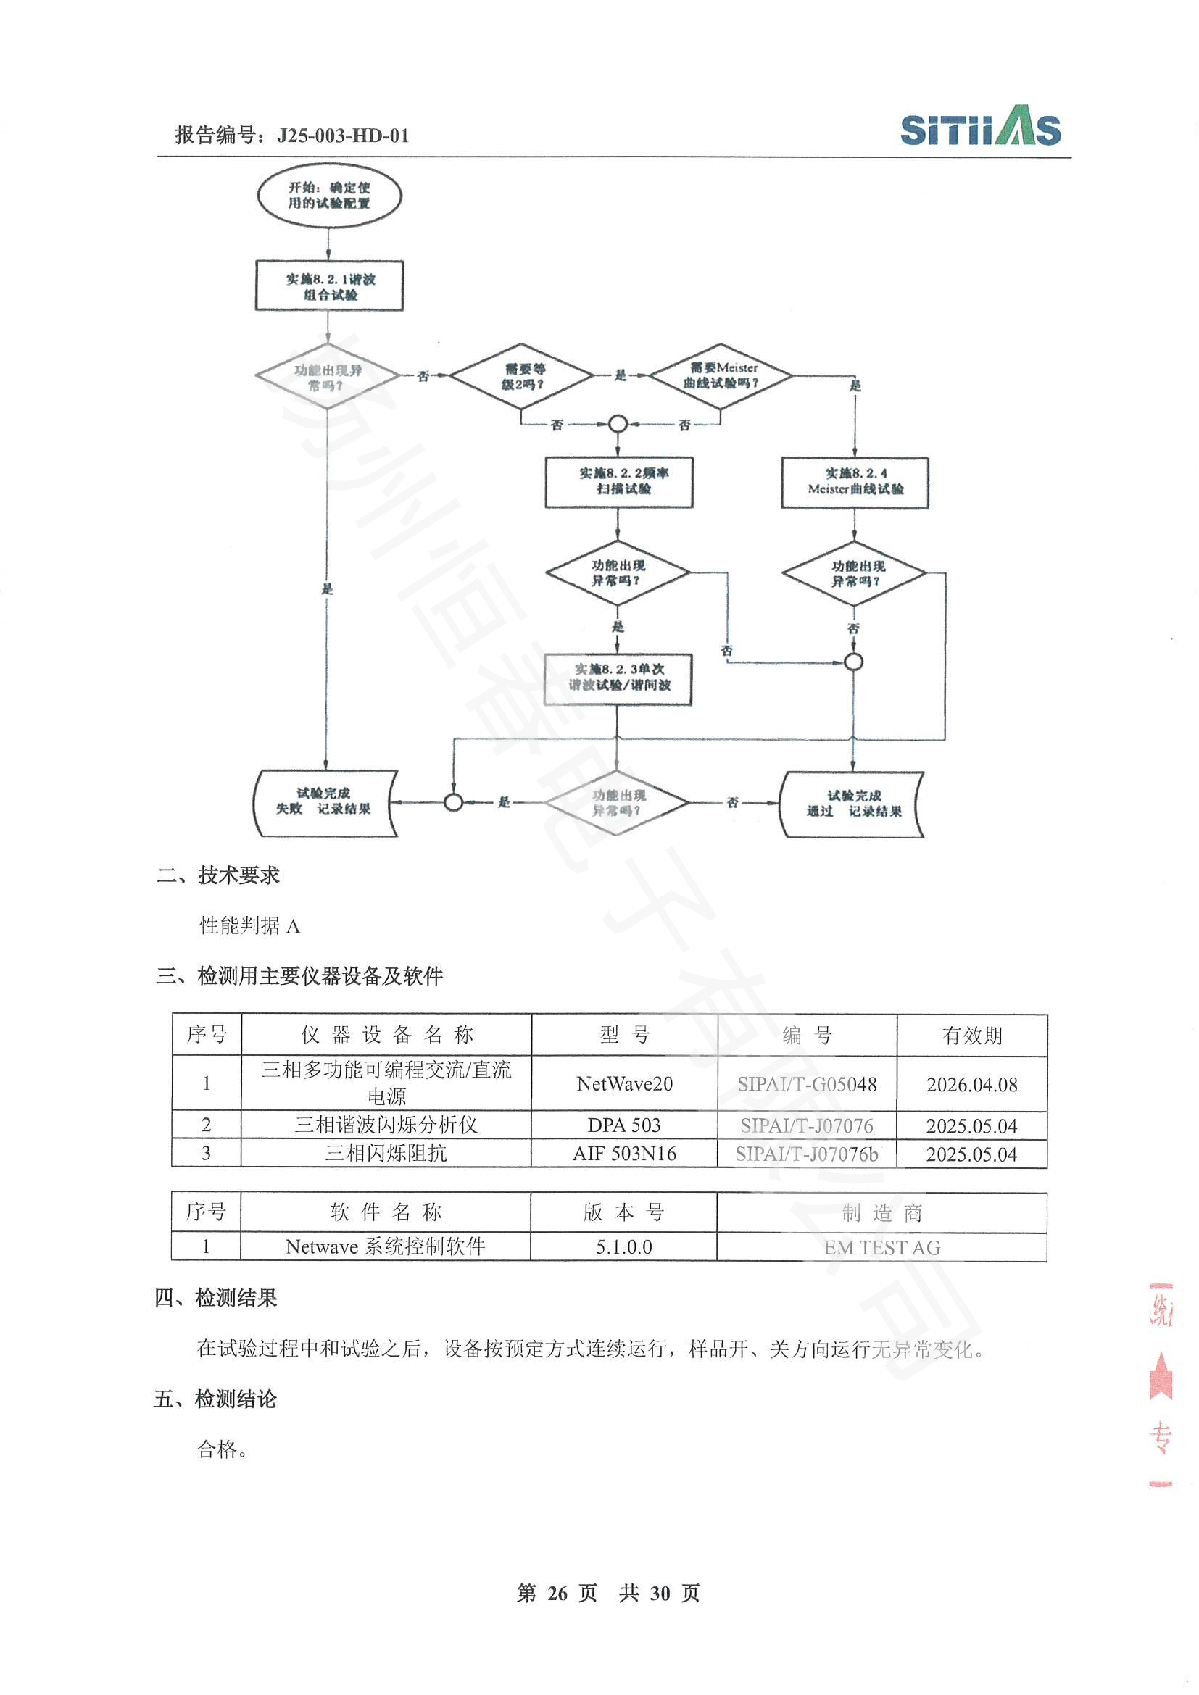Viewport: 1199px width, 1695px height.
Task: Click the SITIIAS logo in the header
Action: click(980, 127)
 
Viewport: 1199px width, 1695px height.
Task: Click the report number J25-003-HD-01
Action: click(342, 136)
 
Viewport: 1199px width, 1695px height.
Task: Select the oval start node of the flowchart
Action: click(328, 196)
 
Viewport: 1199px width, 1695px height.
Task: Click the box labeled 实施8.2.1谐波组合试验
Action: click(329, 286)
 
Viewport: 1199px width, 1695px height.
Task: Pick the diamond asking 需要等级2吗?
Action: click(521, 377)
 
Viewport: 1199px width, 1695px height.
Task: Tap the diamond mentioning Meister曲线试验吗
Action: click(720, 376)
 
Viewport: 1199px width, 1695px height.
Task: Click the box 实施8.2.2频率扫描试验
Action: click(618, 481)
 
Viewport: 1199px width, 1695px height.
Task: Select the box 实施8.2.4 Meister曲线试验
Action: click(855, 482)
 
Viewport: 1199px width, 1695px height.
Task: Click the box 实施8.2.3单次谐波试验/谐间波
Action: click(618, 678)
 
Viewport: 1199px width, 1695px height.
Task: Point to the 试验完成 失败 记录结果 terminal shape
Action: click(325, 801)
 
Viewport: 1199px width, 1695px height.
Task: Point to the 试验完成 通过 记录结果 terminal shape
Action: click(852, 804)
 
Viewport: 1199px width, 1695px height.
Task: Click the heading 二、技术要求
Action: click(217, 875)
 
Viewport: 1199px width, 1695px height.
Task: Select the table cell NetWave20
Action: click(625, 1083)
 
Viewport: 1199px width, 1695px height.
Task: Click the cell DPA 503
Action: click(624, 1125)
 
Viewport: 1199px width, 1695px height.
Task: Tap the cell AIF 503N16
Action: click(625, 1153)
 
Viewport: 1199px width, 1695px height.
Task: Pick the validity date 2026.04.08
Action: click(971, 1085)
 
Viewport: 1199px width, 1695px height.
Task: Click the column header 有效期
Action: click(971, 1036)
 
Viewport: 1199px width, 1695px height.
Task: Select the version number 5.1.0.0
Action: click(624, 1247)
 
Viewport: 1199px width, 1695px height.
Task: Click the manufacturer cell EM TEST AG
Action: click(881, 1248)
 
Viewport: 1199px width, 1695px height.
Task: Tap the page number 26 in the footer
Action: click(557, 1593)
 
